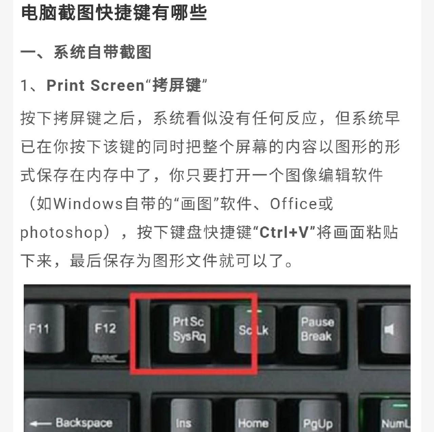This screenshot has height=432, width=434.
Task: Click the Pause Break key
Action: click(317, 329)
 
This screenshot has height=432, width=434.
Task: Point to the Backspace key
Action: click(76, 420)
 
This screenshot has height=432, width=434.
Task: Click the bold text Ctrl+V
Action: click(284, 232)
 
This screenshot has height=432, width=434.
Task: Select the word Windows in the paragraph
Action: click(88, 204)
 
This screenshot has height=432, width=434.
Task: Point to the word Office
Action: click(294, 204)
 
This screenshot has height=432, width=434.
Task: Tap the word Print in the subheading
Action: click(66, 85)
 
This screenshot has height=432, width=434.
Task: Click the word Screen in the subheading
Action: click(117, 85)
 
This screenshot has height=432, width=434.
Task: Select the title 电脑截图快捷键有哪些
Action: click(114, 13)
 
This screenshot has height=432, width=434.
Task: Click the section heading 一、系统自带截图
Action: click(86, 52)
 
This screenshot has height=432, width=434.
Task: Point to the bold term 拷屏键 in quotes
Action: click(176, 85)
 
